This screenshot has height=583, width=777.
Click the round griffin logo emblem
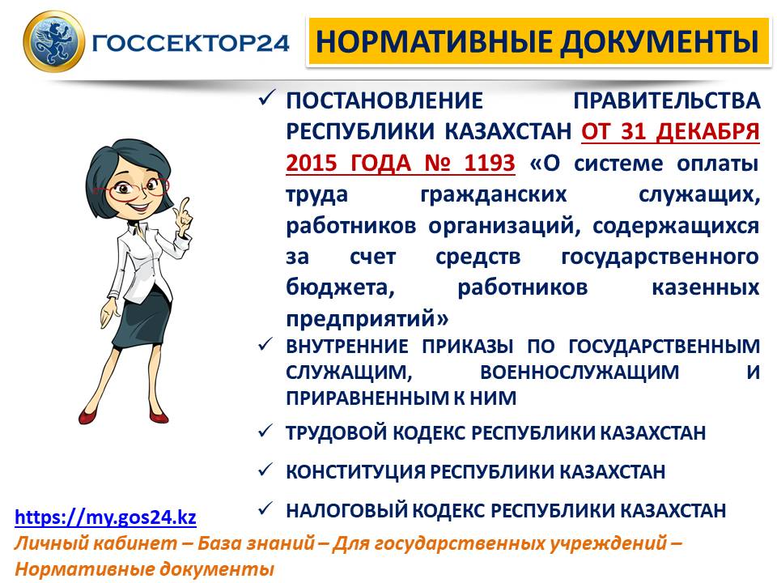[54, 41]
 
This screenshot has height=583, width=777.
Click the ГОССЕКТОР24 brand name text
[191, 43]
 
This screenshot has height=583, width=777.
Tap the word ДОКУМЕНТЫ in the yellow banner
[660, 41]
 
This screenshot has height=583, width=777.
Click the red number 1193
[490, 163]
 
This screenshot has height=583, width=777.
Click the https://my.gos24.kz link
[105, 517]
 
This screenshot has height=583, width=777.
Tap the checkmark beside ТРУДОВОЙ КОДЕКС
[265, 431]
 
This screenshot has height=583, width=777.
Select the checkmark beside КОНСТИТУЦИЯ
[265, 469]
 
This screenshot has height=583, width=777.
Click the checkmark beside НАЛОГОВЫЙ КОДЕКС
[265, 509]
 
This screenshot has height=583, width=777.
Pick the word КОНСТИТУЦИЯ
[355, 472]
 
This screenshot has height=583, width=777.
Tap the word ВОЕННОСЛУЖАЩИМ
[580, 372]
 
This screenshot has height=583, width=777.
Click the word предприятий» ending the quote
[367, 318]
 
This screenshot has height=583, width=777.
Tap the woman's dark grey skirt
[142, 318]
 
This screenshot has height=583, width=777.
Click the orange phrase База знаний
[257, 543]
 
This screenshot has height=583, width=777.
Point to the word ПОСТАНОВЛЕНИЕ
[384, 100]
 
